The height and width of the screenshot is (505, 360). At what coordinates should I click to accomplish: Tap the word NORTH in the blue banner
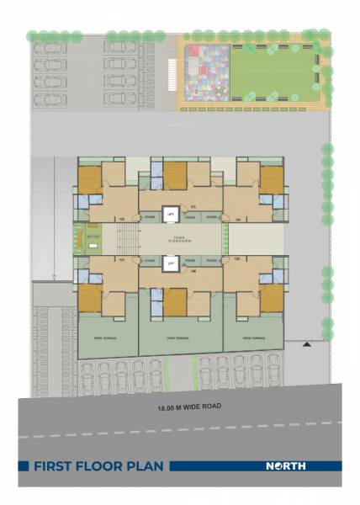coord(286,465)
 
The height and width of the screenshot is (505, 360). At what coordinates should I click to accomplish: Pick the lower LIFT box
coord(170,263)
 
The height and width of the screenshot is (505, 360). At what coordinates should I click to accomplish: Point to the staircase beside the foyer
coord(127,240)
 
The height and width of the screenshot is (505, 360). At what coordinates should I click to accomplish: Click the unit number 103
coord(193,207)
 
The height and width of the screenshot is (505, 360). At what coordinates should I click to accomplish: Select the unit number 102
coord(122,219)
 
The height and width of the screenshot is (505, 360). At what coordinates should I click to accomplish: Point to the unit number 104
coord(237,219)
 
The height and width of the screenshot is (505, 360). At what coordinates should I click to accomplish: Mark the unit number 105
coord(237,259)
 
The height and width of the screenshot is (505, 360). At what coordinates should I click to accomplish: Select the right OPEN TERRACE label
coord(253,338)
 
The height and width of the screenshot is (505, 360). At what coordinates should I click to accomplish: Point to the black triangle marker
coord(307,343)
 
